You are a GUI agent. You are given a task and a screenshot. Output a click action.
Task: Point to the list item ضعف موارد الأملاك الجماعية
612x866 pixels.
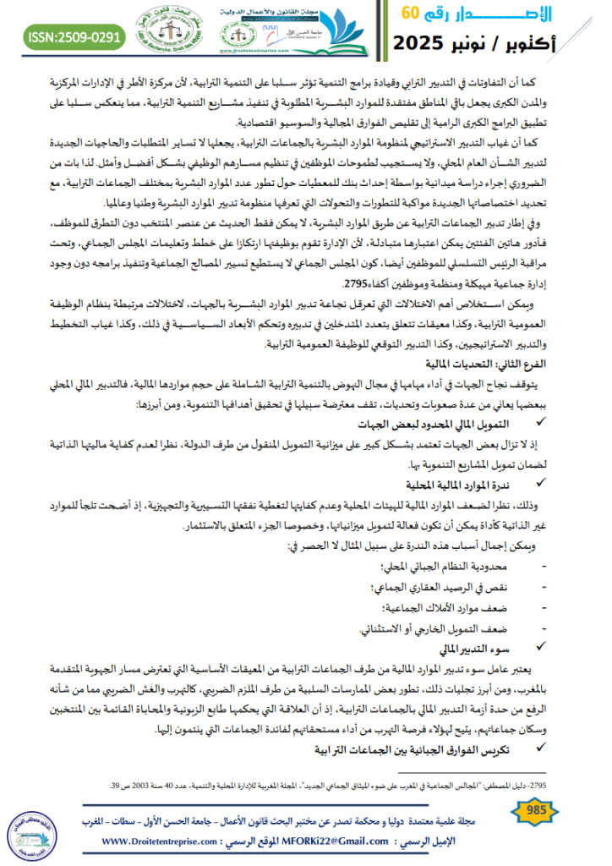[456, 607]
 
